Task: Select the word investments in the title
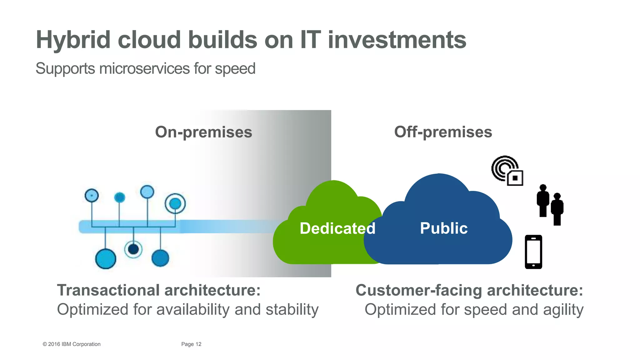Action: [x=397, y=40]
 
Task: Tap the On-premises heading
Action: [x=203, y=132]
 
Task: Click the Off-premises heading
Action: [x=443, y=132]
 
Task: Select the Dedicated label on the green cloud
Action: [x=337, y=228]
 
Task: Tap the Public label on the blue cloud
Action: [x=443, y=228]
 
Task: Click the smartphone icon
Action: [x=533, y=252]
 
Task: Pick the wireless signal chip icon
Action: [x=507, y=171]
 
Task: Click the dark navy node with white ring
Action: [x=133, y=249]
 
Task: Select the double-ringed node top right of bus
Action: [x=175, y=204]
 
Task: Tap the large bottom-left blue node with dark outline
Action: [x=106, y=259]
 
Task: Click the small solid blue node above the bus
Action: [x=120, y=197]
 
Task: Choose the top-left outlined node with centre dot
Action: [x=92, y=196]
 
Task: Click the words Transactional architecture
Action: [x=158, y=290]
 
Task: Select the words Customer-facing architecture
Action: [x=469, y=290]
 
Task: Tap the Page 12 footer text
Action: [x=191, y=344]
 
